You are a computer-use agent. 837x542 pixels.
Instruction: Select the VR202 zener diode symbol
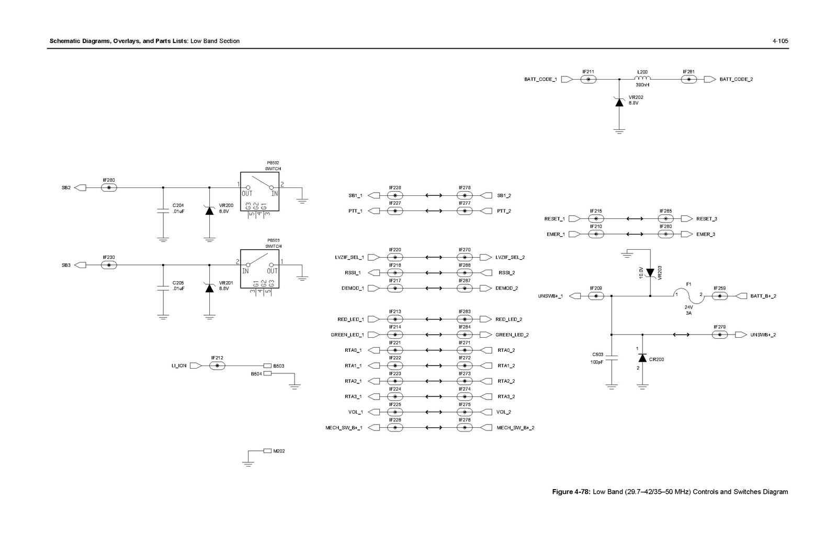coord(619,102)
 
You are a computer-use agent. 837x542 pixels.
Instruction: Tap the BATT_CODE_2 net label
coord(736,79)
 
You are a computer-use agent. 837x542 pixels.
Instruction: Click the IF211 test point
coord(589,79)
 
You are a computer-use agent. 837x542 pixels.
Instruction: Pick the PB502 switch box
coord(259,192)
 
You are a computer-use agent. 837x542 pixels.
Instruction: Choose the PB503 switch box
coord(259,269)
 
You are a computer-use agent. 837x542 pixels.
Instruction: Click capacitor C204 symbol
coord(163,211)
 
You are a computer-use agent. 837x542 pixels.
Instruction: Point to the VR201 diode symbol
coord(210,287)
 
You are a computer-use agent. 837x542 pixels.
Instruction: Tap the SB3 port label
coord(66,265)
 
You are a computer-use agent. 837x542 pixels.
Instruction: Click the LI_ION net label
coord(179,366)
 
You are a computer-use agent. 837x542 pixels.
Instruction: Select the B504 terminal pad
coord(267,373)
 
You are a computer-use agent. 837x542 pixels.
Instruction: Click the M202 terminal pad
coord(267,450)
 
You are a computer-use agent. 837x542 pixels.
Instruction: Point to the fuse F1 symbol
coord(688,294)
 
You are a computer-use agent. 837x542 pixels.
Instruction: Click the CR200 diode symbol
coord(642,358)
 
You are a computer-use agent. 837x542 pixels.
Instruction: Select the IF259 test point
coord(720,296)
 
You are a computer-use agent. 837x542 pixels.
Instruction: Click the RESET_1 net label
coord(554,219)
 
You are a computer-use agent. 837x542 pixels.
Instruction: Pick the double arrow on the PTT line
coord(433,211)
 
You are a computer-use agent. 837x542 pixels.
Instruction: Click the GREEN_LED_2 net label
coord(512,335)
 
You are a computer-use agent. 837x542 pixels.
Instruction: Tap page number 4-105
coord(780,41)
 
